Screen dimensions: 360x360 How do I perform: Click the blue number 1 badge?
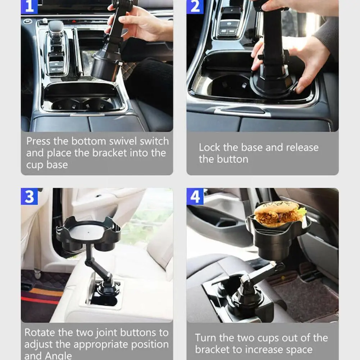(29, 7)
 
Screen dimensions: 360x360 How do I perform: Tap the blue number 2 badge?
(195, 7)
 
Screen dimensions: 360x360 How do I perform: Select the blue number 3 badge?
(29, 196)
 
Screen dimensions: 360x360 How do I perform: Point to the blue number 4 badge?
(195, 196)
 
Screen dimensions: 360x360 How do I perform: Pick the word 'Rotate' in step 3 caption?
(40, 332)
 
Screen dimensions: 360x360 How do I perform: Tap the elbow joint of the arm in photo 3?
(88, 262)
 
